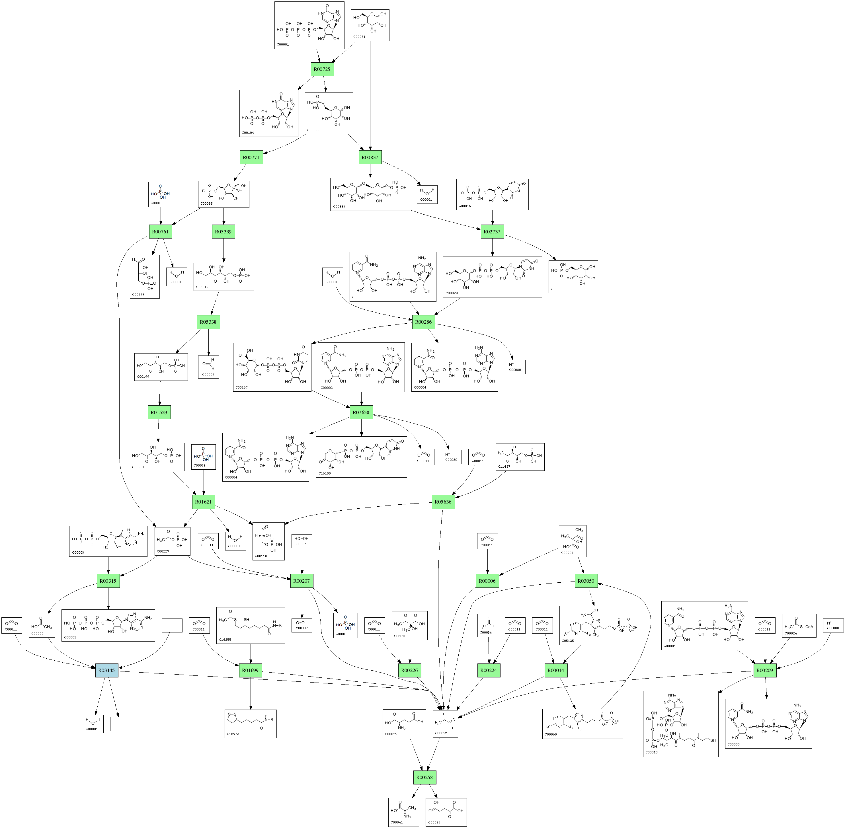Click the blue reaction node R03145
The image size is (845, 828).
106,670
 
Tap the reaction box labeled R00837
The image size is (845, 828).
370,157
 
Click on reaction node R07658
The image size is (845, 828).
361,412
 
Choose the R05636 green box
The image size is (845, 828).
443,502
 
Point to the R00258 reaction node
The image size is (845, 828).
424,777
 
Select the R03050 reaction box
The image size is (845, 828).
586,581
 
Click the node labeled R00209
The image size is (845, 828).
764,670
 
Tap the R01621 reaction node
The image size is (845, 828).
204,502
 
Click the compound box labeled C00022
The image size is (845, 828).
445,724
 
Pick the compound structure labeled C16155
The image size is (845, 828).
361,457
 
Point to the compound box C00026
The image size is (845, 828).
446,812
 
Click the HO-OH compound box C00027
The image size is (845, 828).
302,541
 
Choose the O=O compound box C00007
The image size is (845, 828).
302,625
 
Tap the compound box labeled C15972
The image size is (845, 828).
251,724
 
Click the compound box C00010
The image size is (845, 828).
681,724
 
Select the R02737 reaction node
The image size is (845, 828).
492,231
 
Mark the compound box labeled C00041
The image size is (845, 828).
404,812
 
